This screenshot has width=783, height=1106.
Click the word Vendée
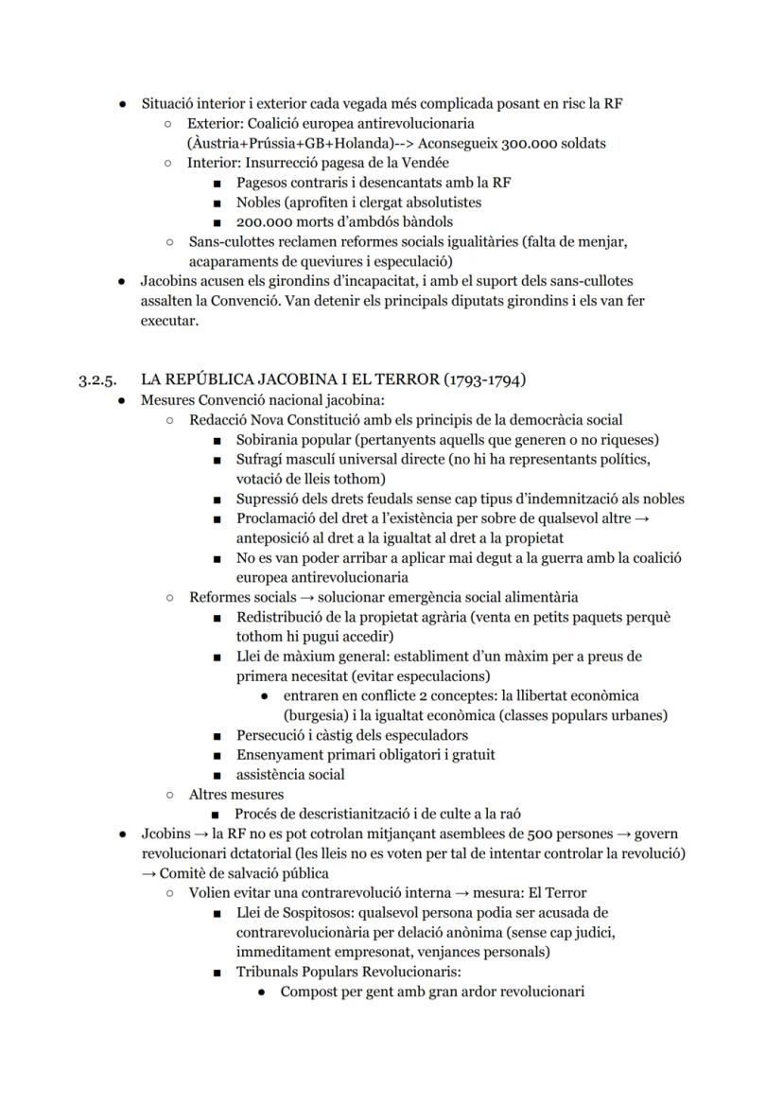pos(423,163)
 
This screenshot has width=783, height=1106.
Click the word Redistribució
pos(282,617)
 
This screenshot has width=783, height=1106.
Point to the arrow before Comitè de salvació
pos(148,873)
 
